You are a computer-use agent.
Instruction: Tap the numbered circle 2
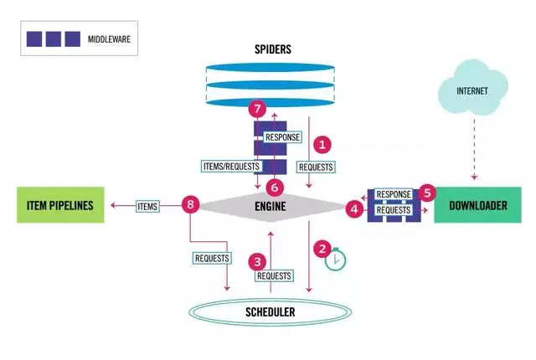point(321,249)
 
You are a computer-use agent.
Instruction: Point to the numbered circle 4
point(355,206)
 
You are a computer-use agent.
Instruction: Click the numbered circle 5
point(426,193)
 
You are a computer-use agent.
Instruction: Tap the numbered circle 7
point(259,110)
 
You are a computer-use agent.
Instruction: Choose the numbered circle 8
point(192,205)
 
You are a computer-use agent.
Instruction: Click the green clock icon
point(335,260)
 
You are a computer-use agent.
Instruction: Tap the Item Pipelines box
point(61,205)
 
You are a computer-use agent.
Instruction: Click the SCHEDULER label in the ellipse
point(270,312)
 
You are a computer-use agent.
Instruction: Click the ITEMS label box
point(147,205)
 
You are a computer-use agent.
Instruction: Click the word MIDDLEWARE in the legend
point(112,39)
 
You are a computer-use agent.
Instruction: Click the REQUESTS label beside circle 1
point(316,166)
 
